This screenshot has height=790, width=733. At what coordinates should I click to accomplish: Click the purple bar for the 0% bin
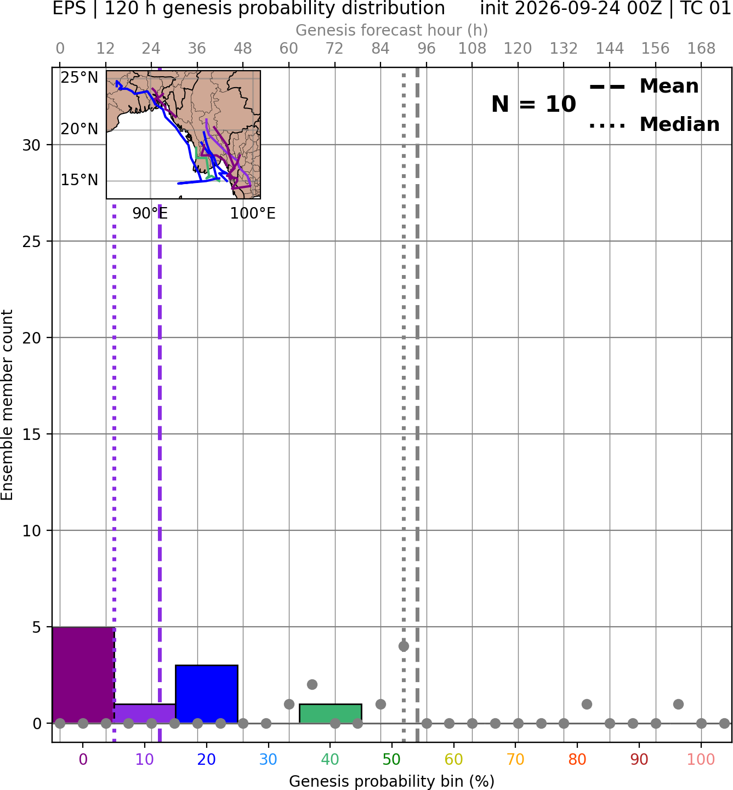tap(83, 674)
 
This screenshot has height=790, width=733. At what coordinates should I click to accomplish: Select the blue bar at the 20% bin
tap(207, 694)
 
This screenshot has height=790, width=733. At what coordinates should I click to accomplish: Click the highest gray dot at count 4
tap(404, 646)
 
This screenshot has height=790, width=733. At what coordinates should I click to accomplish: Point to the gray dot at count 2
tap(312, 685)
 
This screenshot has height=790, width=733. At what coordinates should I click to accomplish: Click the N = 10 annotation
tap(533, 104)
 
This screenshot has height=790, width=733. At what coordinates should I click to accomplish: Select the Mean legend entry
tap(644, 87)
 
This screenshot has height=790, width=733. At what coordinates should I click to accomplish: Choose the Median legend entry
tap(655, 124)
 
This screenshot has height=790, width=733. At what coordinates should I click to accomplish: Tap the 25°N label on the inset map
tap(79, 78)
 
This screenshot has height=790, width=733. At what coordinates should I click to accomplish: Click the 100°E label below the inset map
tap(253, 214)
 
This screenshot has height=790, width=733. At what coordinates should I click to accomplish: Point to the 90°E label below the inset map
tap(150, 214)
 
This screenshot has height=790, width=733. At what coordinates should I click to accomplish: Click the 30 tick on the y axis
tap(31, 145)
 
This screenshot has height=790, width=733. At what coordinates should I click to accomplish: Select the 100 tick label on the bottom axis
tap(701, 759)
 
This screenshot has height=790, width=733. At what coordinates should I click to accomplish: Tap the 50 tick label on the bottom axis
tap(392, 759)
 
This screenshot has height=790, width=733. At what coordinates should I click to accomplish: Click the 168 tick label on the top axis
tap(702, 49)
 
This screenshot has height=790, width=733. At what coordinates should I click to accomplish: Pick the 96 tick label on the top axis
tap(427, 49)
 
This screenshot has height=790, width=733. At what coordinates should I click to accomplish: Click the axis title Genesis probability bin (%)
tap(392, 781)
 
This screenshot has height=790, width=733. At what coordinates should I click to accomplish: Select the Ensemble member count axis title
tap(7, 405)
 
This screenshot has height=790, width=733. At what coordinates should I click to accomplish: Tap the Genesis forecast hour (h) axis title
tap(392, 30)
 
